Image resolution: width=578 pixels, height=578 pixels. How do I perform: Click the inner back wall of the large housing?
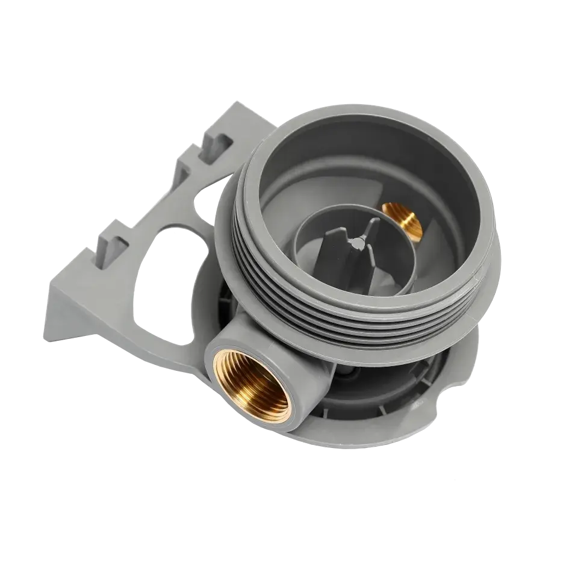coord(337,157)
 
